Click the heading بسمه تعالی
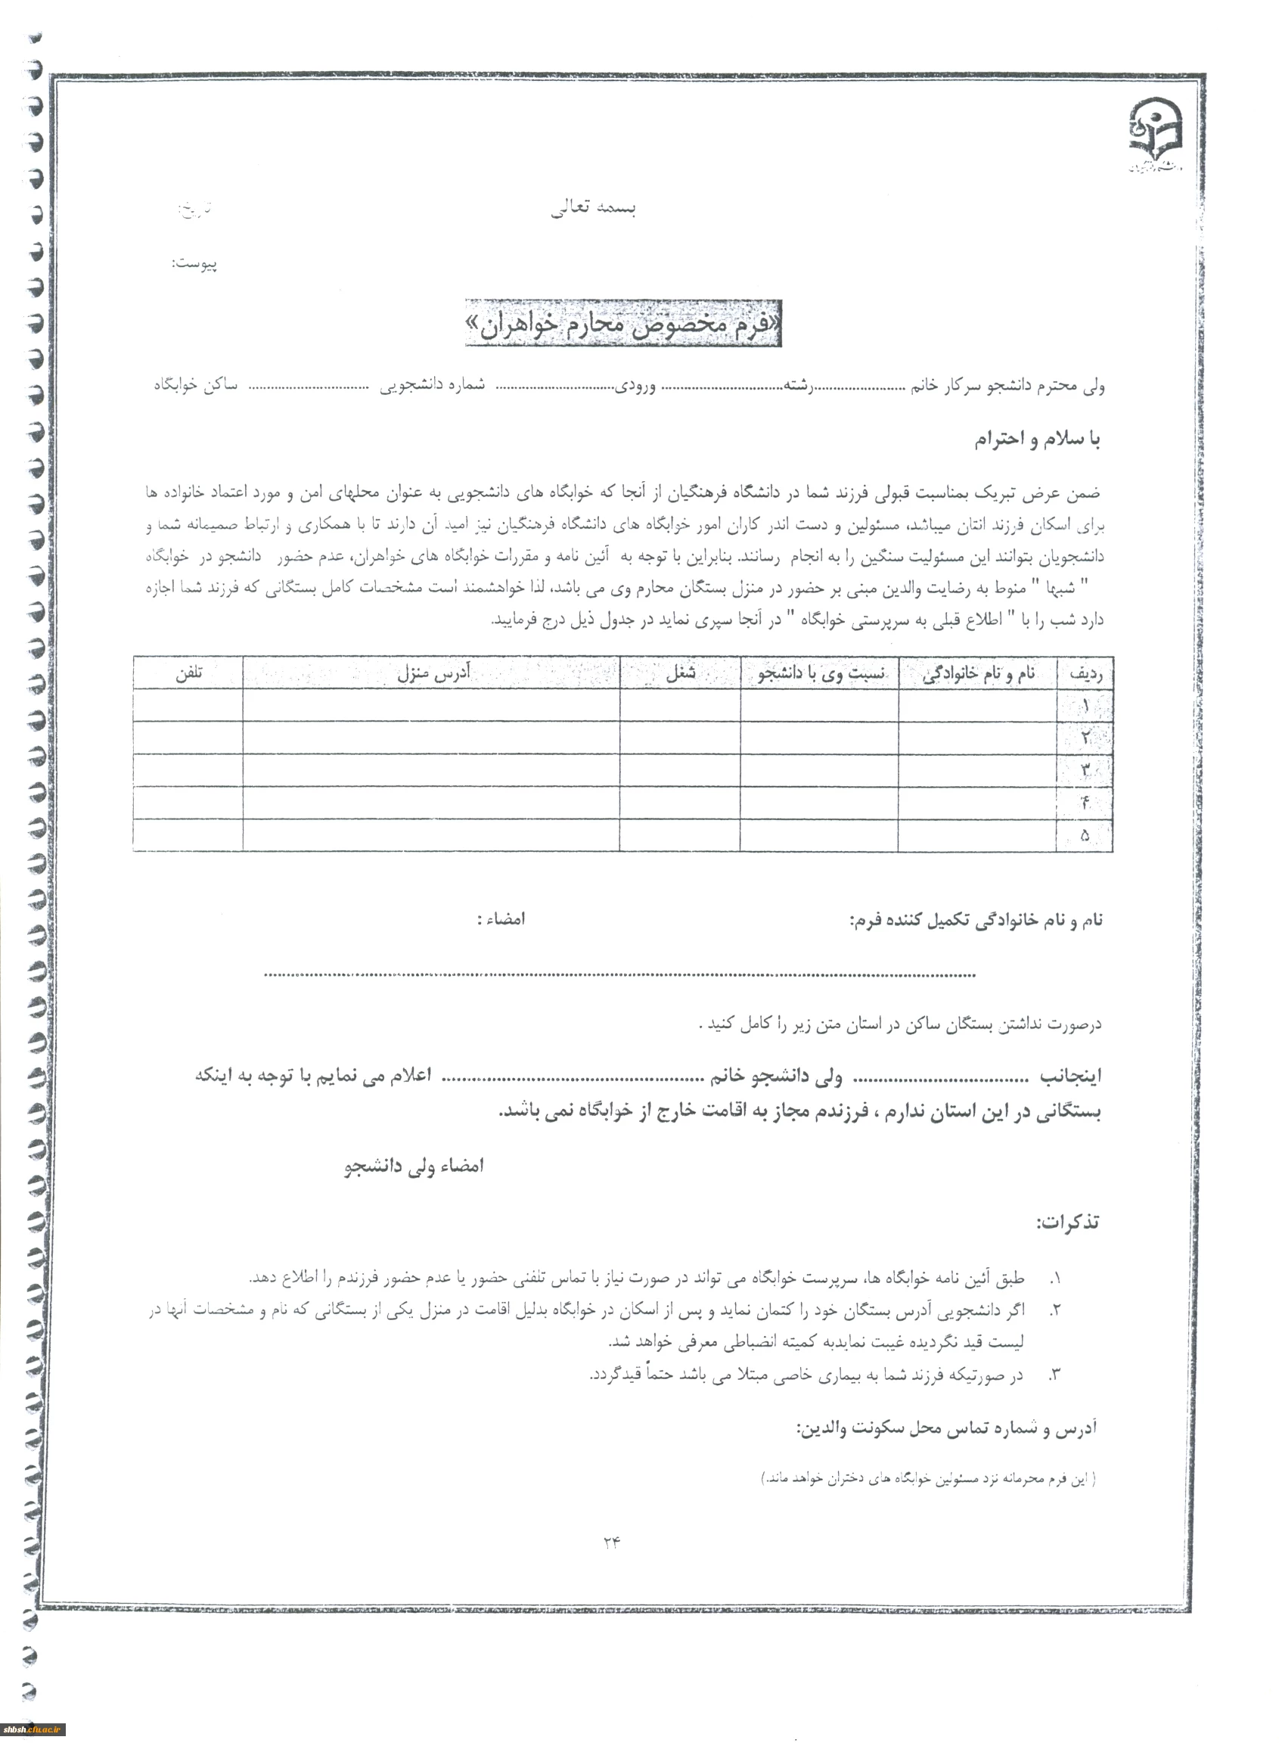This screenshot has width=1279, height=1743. point(593,207)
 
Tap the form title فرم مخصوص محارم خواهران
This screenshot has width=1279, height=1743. point(622,324)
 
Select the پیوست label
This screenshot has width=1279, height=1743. point(194,264)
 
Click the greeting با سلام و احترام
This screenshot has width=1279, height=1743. point(1037,439)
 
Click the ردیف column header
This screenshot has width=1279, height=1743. point(1085,673)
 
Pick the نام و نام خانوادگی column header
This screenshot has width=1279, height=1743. point(979,673)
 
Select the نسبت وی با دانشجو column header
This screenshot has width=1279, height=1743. point(820,673)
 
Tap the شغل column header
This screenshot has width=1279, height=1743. point(681,673)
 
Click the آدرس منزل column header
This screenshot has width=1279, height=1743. point(433,673)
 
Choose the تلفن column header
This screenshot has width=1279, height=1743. point(188,673)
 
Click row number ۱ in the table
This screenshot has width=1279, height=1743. point(1085,706)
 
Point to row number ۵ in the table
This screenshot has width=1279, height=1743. point(1085,835)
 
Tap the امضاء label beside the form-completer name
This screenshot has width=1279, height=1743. point(501,919)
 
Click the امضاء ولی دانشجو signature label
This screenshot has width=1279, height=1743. point(414,1166)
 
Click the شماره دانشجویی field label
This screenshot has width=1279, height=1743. point(432,385)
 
